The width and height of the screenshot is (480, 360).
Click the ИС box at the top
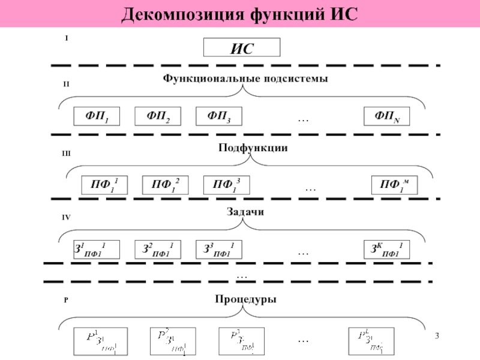pyautogui.click(x=242, y=48)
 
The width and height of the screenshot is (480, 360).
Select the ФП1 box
pyautogui.click(x=96, y=116)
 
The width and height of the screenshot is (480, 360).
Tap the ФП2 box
pyautogui.click(x=157, y=116)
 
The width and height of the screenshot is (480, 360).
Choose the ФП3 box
pyautogui.click(x=218, y=116)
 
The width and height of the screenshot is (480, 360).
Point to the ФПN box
pyautogui.click(x=386, y=116)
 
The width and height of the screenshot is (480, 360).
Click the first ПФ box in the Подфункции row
pyautogui.click(x=103, y=185)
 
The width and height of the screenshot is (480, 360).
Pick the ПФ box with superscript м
pyautogui.click(x=394, y=185)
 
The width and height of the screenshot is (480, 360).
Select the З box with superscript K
pyautogui.click(x=386, y=250)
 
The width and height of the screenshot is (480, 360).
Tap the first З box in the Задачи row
pyautogui.click(x=96, y=250)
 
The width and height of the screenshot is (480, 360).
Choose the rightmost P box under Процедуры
pyautogui.click(x=371, y=341)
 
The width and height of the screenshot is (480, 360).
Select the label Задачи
pyautogui.click(x=246, y=212)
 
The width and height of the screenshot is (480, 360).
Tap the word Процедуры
pyautogui.click(x=246, y=299)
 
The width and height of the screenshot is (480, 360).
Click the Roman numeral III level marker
pyautogui.click(x=67, y=154)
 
